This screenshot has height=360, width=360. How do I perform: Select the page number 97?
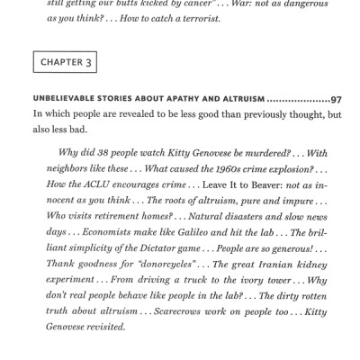[336, 99]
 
